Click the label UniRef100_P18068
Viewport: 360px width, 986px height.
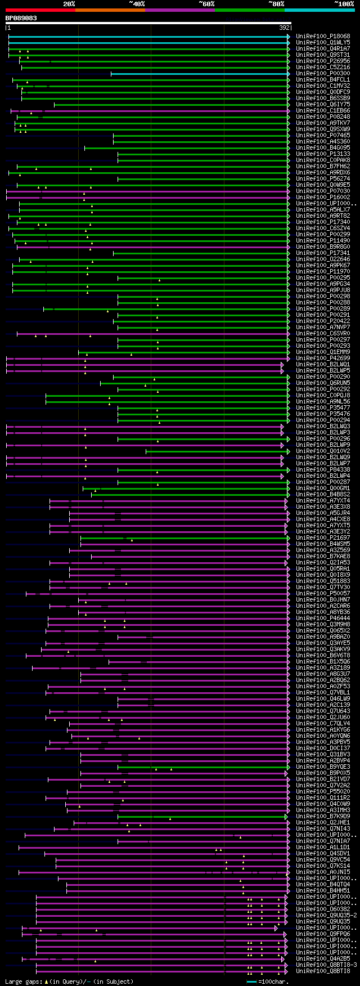tap(323, 37)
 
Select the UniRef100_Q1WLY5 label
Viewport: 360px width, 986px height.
tap(323, 43)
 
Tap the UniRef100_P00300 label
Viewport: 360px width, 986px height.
tap(323, 74)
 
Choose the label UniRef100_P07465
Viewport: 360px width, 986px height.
tap(323, 136)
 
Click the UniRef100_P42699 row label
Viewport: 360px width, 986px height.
tap(323, 358)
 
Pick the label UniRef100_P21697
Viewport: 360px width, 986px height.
tap(323, 538)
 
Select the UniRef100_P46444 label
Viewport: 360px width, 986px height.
tap(323, 619)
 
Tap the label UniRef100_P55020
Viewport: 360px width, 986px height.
tap(323, 792)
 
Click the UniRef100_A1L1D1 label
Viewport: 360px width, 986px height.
tap(323, 848)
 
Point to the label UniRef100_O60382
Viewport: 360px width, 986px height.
tap(323, 909)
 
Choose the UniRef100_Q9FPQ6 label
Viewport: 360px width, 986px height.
tap(323, 934)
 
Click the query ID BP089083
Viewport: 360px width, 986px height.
tap(21, 18)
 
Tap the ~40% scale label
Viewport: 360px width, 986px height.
tap(137, 4)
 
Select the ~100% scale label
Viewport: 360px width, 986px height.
tap(344, 4)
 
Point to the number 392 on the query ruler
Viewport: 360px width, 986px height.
tap(284, 28)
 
